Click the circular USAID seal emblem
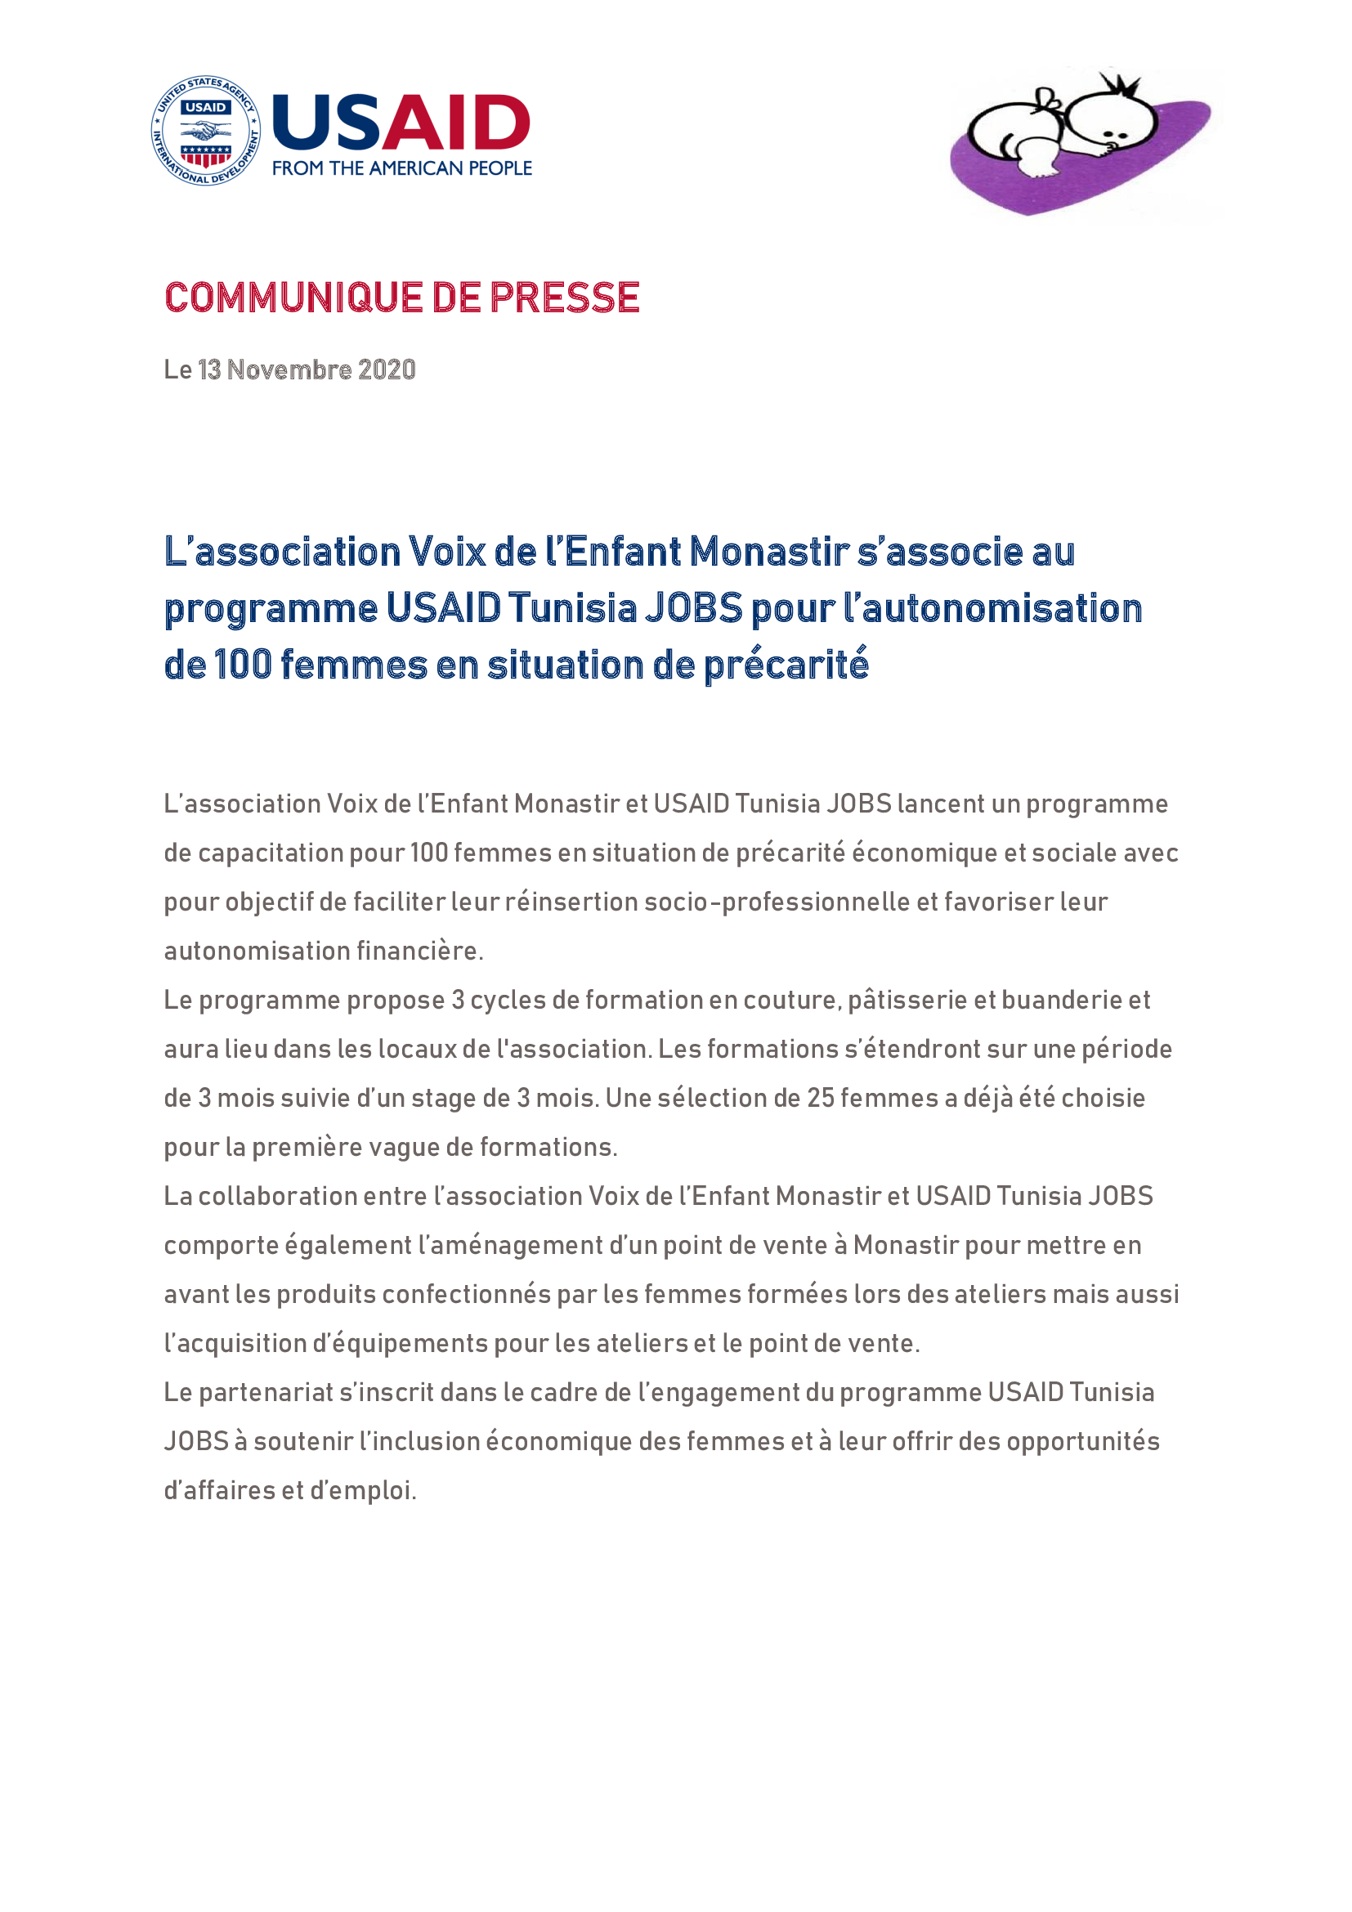[x=206, y=130]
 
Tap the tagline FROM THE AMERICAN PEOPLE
[x=402, y=168]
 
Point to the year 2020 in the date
[x=387, y=369]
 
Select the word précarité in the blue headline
[x=786, y=665]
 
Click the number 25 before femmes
[x=820, y=1099]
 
